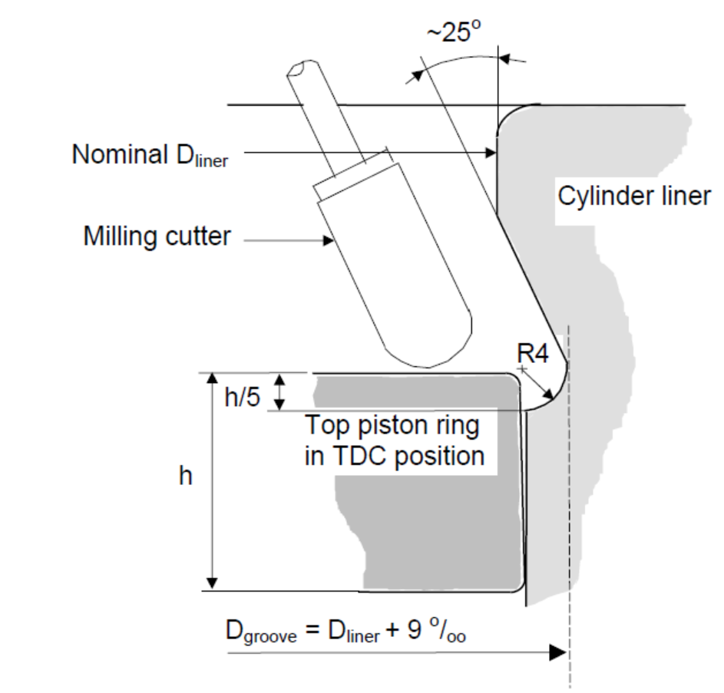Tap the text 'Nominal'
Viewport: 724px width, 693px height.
[x=115, y=154]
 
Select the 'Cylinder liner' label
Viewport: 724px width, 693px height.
[x=633, y=196]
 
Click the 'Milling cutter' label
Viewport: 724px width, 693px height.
[x=157, y=236]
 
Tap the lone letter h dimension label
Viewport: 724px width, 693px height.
[x=185, y=477]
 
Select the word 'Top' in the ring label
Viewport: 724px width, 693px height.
[x=329, y=424]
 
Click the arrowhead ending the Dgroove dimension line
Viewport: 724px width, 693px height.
[x=559, y=653]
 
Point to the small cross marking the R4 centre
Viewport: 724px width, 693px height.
[x=521, y=369]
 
